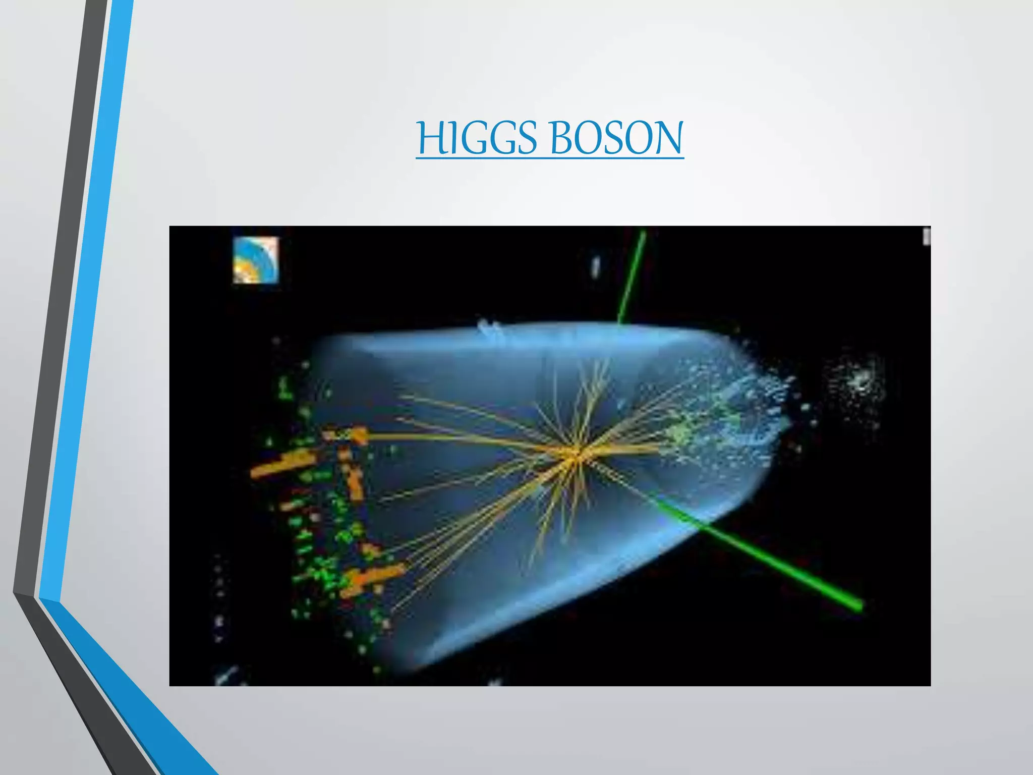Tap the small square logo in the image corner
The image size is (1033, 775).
256,259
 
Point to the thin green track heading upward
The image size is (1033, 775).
632,278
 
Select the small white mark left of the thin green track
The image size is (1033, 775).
596,266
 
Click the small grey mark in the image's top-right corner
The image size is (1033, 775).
926,236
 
